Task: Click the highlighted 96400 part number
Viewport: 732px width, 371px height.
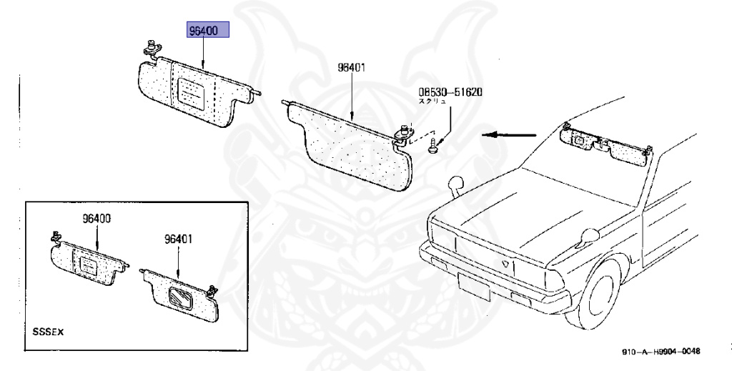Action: [x=207, y=31]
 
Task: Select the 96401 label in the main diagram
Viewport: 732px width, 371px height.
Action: [x=352, y=68]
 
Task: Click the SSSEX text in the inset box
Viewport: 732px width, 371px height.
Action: [x=49, y=332]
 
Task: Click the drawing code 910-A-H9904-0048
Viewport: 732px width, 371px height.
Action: [x=661, y=351]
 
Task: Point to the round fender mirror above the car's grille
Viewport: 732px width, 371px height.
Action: [x=455, y=185]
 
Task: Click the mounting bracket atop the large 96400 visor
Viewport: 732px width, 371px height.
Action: [x=152, y=49]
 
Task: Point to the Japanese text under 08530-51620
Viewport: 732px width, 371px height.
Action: [x=432, y=102]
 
